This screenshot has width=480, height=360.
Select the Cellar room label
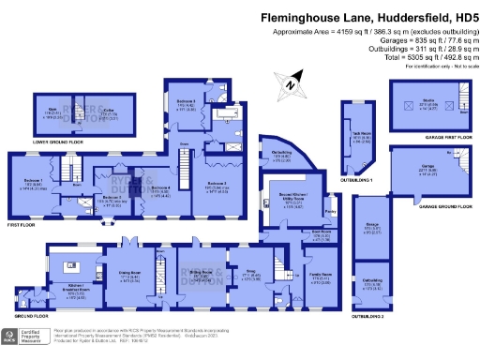pos(109,112)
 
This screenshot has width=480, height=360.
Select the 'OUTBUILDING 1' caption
pos(362,178)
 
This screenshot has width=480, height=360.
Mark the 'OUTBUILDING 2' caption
pos(368,316)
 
